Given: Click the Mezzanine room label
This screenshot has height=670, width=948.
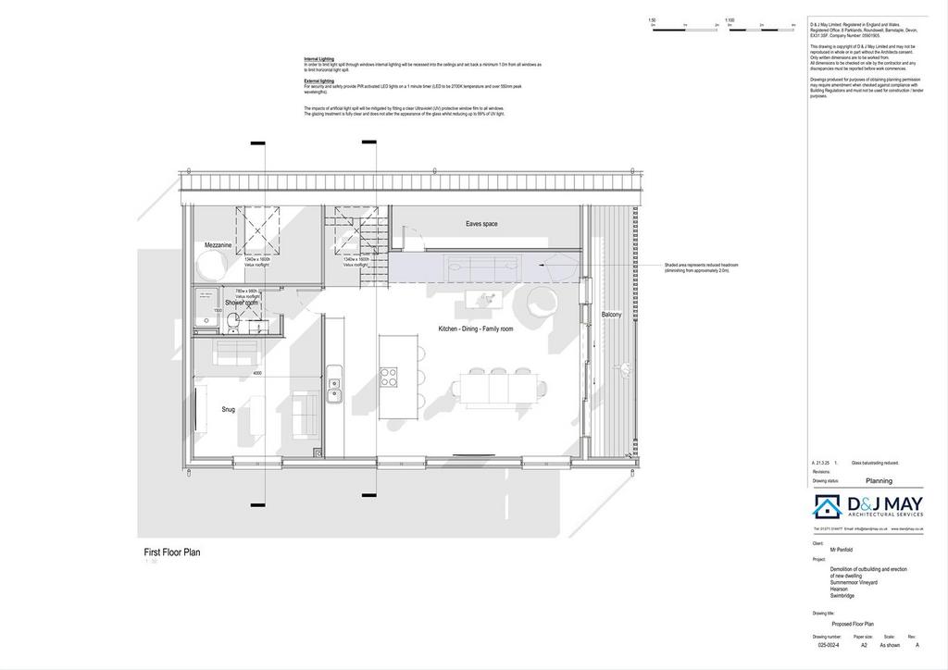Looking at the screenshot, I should (218, 245).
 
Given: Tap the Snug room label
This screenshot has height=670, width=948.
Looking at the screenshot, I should (228, 409).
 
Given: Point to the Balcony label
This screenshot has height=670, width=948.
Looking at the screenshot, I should (612, 315).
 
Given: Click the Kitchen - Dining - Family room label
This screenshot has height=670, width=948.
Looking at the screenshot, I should (476, 329).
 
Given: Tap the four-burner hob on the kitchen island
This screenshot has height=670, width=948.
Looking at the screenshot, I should (389, 378).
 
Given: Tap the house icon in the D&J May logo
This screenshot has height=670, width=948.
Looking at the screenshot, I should (827, 506).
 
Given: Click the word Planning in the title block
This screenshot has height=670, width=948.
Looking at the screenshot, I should (879, 481).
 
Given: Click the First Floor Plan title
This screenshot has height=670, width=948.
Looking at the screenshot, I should (172, 552).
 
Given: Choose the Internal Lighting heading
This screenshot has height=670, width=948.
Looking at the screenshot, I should (319, 58).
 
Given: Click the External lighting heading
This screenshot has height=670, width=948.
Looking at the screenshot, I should (319, 81).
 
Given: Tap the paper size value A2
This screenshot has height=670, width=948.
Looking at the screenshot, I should (864, 645).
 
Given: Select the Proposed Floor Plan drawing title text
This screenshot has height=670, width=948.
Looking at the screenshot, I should (852, 624).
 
